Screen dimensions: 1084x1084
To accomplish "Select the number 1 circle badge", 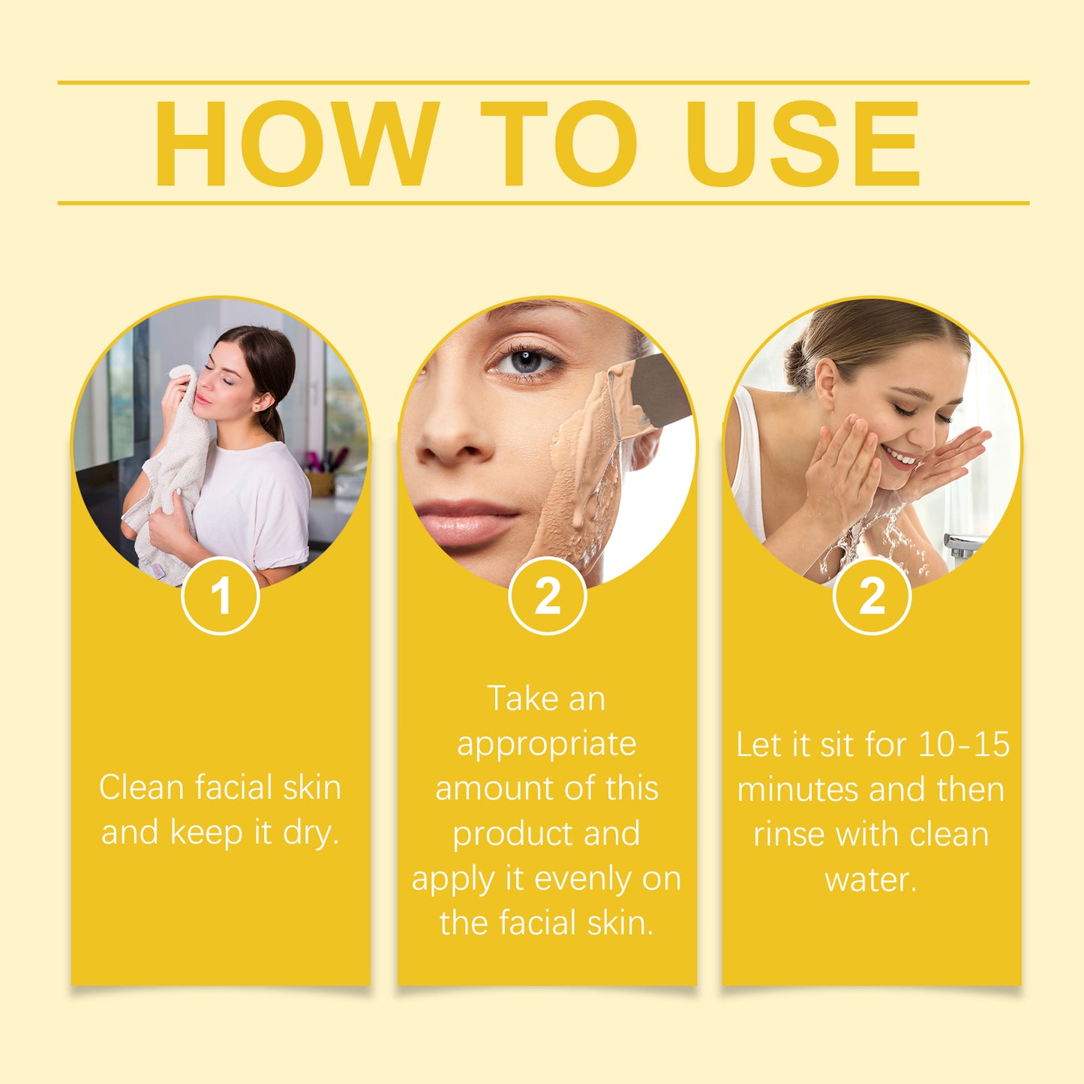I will [x=221, y=596].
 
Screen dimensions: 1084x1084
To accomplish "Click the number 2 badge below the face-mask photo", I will [x=548, y=596].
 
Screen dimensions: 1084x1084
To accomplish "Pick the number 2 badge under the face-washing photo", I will [x=872, y=596].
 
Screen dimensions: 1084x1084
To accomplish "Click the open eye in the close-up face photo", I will [x=525, y=362].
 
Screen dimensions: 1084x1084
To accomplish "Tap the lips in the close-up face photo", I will [x=465, y=522].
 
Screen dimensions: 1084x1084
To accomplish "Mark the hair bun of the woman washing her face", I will [x=797, y=366].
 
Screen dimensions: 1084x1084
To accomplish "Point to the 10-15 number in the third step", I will [x=964, y=745].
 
